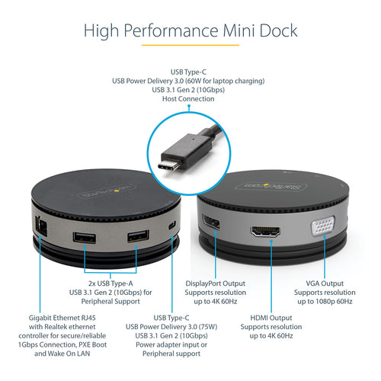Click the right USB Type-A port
[137, 237]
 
